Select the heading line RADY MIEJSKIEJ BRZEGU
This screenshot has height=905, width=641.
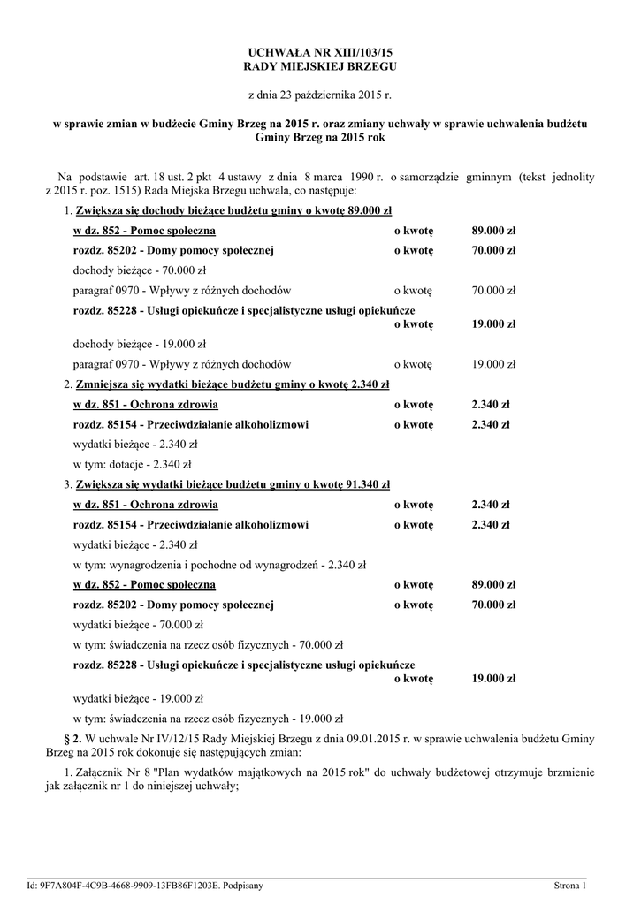click(x=320, y=66)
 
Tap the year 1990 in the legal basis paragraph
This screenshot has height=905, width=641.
click(x=351, y=177)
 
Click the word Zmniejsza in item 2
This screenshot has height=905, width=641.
click(x=103, y=384)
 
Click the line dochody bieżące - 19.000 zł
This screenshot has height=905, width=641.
click(x=139, y=344)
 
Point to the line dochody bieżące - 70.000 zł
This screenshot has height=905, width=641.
click(x=139, y=270)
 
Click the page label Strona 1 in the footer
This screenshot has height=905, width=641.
click(x=570, y=884)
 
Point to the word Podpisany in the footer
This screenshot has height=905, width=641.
click(x=242, y=884)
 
